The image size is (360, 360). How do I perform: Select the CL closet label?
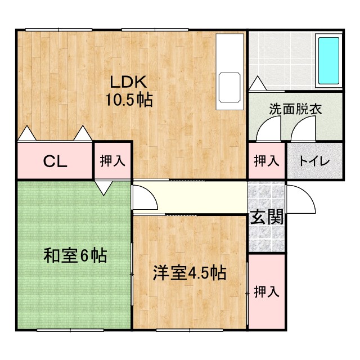pyautogui.click(x=56, y=161)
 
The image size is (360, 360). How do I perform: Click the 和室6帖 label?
pyautogui.click(x=75, y=256)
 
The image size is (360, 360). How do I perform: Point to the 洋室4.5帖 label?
pyautogui.click(x=190, y=273)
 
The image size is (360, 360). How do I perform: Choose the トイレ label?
pyautogui.click(x=314, y=161)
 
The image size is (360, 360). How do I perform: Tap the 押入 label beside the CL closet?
pyautogui.click(x=112, y=161)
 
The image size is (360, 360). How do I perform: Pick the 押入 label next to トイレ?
pyautogui.click(x=266, y=161)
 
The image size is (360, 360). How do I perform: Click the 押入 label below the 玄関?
pyautogui.click(x=266, y=292)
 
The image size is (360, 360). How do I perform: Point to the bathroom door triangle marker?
pyautogui.click(x=256, y=84)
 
